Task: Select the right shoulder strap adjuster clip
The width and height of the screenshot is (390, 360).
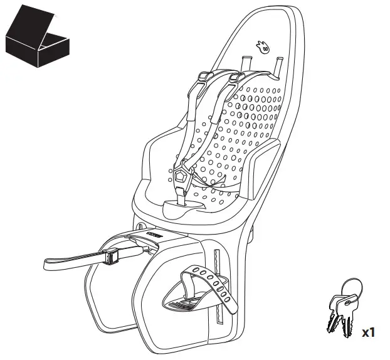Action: tap(236, 78)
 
